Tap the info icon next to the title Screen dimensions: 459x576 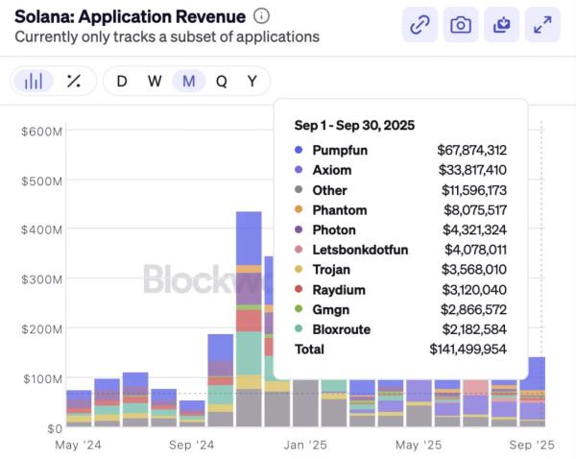point(262,15)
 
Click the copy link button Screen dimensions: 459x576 point(420,25)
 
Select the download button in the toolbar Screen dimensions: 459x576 point(502,25)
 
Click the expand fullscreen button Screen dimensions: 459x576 point(543,25)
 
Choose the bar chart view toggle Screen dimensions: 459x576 point(34,81)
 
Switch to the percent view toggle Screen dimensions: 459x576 point(73,81)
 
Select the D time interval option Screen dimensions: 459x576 point(122,81)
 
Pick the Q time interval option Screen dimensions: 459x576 point(221,81)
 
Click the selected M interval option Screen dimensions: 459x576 point(188,81)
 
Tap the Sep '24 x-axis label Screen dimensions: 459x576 point(191,446)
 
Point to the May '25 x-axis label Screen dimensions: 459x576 point(419,446)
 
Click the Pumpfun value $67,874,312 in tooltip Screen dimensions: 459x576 point(471,150)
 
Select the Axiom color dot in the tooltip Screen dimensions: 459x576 point(299,170)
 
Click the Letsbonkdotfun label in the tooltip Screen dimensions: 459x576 point(360,250)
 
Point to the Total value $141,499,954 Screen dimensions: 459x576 point(468,350)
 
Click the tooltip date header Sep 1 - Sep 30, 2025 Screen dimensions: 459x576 point(354,125)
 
